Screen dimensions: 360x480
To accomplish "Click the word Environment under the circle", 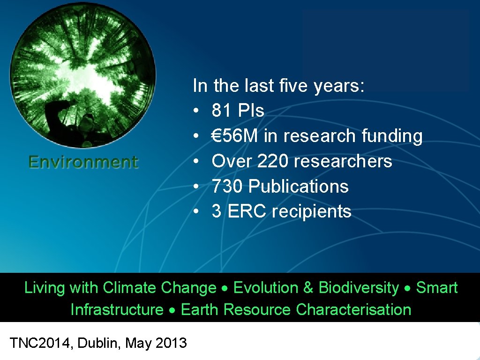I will coord(83,162).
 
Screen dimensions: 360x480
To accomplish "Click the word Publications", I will coord(299,187).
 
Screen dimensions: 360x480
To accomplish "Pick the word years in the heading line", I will coord(338,86).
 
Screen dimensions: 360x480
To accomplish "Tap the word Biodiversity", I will coord(359,288).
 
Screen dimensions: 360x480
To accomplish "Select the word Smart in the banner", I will coord(436,288).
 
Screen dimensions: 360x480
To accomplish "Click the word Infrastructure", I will coord(117,310).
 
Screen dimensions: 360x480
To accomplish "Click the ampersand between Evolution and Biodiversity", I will coord(308,288).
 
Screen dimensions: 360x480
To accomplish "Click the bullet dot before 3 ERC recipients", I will coord(197,212).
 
